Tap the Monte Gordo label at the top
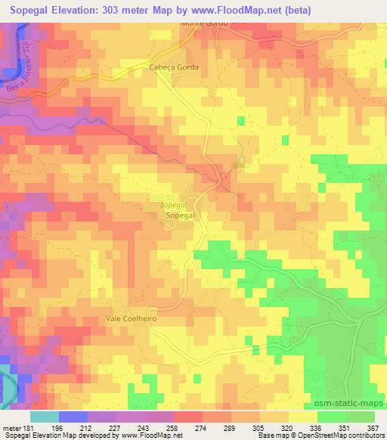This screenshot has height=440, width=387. (x=204, y=23)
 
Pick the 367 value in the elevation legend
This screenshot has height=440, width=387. (x=373, y=428)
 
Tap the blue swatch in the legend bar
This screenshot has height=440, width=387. (x=73, y=417)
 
